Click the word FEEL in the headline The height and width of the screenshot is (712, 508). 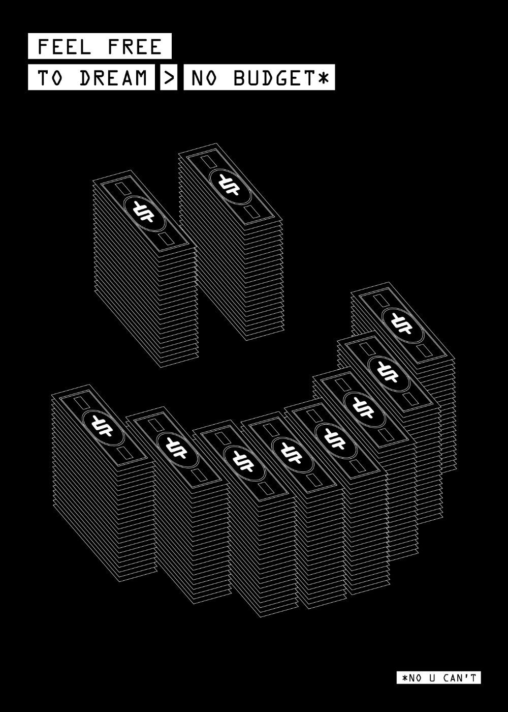65,47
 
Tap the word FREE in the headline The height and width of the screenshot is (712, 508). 135,47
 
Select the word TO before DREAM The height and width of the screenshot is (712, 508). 50,78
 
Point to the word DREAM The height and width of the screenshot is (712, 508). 114,78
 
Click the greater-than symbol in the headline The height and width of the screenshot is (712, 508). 169,78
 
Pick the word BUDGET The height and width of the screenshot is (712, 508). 274,78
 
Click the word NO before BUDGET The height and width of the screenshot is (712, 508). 205,78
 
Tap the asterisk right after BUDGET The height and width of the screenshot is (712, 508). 323,78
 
